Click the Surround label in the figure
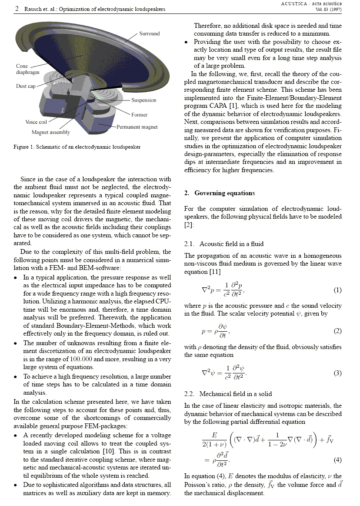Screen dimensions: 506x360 coord(149,33)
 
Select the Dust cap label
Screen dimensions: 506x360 coord(26,86)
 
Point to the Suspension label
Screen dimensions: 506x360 coord(143,100)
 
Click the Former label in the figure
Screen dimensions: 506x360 coord(140,115)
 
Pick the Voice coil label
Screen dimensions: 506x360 coord(36,122)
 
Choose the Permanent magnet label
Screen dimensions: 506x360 coord(137,127)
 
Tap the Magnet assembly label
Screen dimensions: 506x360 coord(50,132)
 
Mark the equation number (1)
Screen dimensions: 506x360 coord(337,290)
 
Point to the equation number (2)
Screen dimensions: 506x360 coord(337,331)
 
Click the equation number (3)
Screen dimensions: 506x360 coord(337,373)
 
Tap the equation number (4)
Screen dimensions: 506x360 coord(337,459)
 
